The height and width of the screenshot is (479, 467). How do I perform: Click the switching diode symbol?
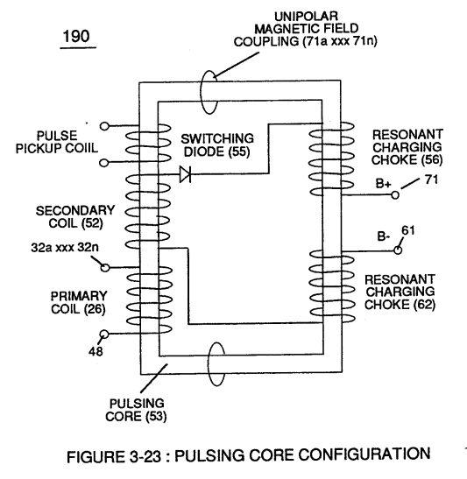click(x=185, y=174)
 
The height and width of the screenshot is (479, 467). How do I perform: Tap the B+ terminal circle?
click(x=395, y=194)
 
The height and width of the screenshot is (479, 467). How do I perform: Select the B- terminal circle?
click(x=398, y=250)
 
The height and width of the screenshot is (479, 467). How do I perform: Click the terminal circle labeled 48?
click(x=104, y=335)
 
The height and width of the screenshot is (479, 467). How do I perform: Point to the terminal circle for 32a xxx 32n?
click(x=105, y=268)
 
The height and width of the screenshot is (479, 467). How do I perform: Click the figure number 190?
click(x=76, y=36)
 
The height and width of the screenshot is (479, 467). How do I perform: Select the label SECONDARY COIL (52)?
click(x=75, y=217)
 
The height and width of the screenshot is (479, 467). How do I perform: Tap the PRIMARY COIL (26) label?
click(x=79, y=302)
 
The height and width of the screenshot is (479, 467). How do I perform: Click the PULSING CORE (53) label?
click(x=136, y=410)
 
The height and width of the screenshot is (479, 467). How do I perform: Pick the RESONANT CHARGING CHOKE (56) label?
click(x=407, y=147)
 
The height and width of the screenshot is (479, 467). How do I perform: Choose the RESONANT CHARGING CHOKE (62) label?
click(x=400, y=292)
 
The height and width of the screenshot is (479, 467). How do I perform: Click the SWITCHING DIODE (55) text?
click(x=217, y=145)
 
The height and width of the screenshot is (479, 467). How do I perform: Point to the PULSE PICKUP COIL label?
click(x=57, y=142)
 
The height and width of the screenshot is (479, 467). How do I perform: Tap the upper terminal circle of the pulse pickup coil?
click(x=104, y=126)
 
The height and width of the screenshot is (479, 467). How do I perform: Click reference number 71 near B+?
click(x=431, y=180)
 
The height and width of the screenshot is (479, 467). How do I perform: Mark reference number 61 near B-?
click(x=408, y=230)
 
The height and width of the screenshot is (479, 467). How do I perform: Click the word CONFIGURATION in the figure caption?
click(x=364, y=454)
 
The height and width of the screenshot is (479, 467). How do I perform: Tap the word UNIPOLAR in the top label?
click(x=306, y=16)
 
